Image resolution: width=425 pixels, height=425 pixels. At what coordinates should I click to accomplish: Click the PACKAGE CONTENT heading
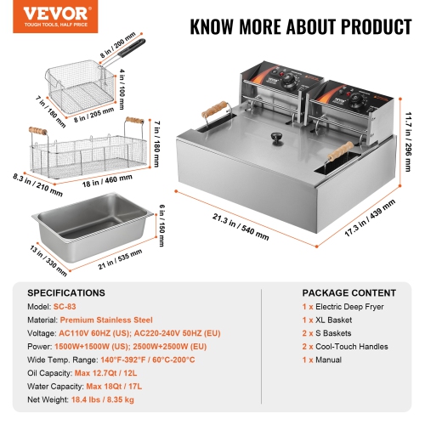tap(337, 291)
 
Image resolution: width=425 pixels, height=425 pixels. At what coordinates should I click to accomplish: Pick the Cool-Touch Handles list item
tap(345, 347)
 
